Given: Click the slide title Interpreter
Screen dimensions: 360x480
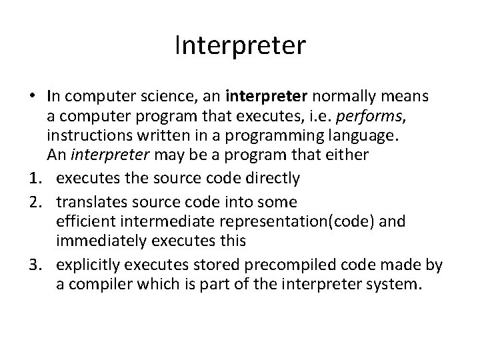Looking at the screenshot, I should pyautogui.click(x=239, y=47).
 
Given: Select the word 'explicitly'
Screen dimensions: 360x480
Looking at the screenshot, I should pyautogui.click(x=85, y=265).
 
